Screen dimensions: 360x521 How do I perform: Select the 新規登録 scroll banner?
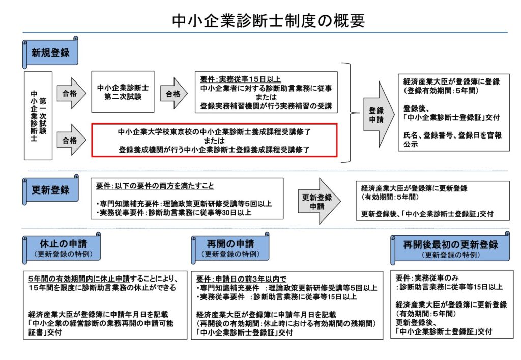(50, 52)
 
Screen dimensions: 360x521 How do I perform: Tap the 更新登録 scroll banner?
(50, 190)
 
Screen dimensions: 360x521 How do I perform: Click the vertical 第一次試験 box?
(38, 116)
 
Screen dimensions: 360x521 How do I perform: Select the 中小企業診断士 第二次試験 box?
(123, 92)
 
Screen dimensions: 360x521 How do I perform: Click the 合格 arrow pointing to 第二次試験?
(71, 94)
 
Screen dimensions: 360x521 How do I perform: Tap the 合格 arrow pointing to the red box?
(71, 140)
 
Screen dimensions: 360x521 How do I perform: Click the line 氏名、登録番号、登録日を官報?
(452, 135)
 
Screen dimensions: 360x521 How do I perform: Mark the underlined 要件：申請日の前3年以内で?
(241, 279)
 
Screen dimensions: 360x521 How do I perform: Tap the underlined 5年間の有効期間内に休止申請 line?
(102, 279)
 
